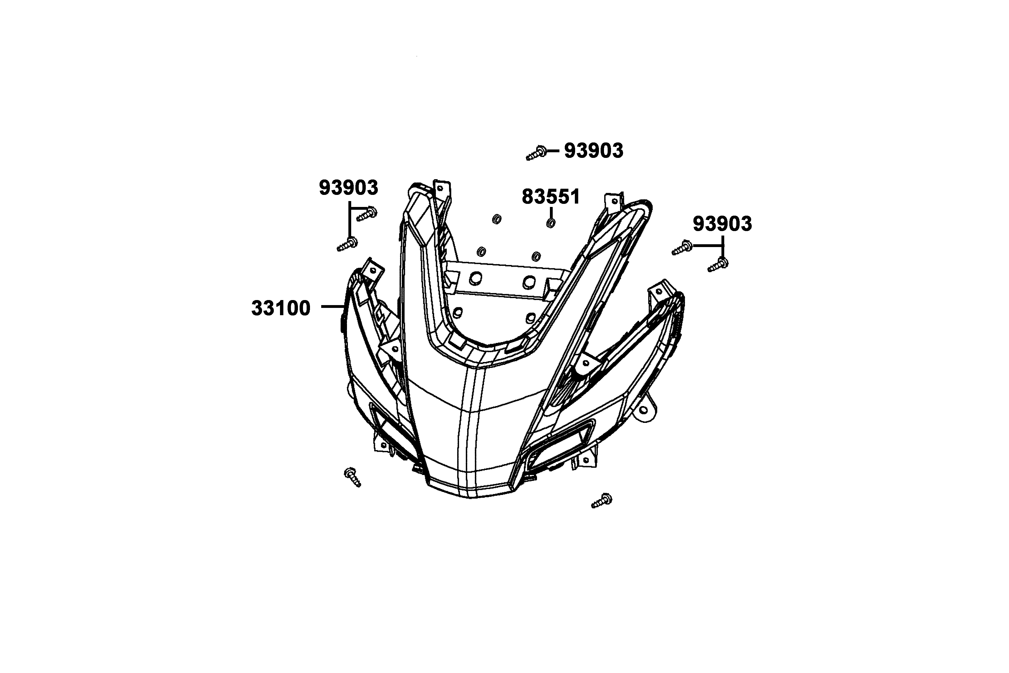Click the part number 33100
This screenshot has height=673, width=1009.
point(281,308)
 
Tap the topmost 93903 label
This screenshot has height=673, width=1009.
point(593,151)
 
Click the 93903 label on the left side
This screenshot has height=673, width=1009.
point(348,188)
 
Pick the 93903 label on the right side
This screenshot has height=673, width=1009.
point(723,224)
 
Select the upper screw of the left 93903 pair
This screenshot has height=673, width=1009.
point(367,214)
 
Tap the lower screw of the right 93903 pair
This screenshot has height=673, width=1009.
point(718,264)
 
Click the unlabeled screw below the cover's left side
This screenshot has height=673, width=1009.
point(353,477)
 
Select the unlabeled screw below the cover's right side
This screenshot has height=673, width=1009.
point(601,501)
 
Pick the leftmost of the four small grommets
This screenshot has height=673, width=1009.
point(481,251)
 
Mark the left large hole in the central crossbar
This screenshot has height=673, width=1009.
point(475,279)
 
